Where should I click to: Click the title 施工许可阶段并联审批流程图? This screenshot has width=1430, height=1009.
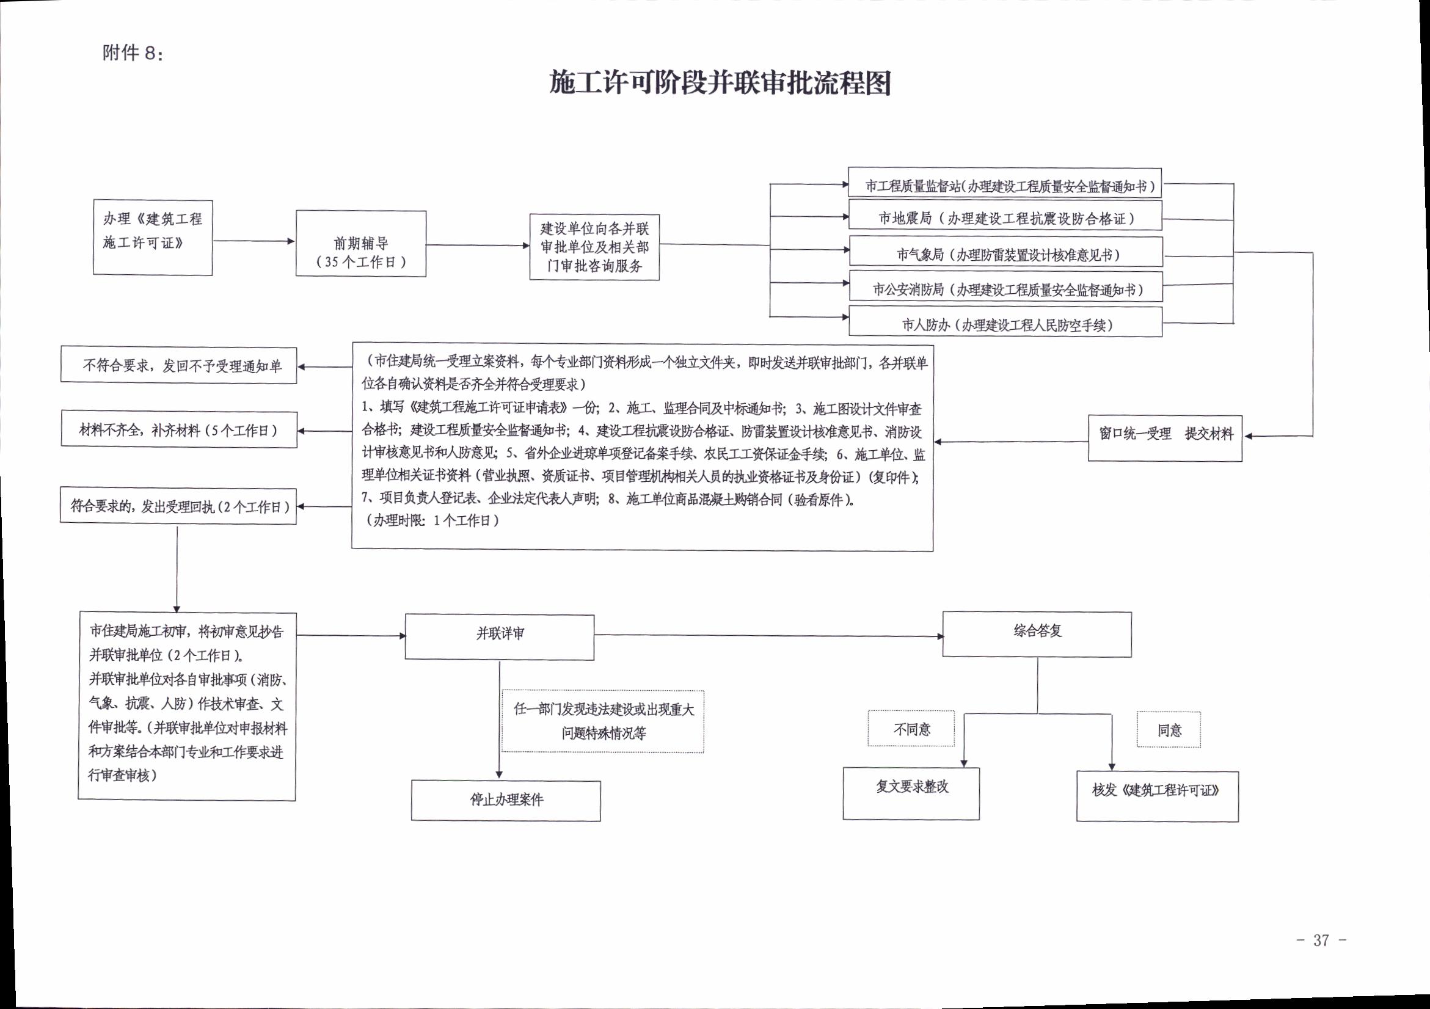pos(720,83)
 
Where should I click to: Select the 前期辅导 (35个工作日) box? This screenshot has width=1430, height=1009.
pos(361,244)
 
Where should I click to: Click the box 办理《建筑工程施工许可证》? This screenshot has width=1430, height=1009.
pos(153,238)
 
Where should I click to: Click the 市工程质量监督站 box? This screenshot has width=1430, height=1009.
pos(1005,183)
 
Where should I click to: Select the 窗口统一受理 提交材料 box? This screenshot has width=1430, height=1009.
pos(1165,439)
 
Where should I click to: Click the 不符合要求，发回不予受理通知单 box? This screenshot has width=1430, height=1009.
pos(179,365)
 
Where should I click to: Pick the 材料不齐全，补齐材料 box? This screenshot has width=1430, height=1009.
pos(180,429)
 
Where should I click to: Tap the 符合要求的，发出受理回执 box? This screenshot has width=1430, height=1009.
pos(178,506)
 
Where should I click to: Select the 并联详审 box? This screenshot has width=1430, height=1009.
pos(500,637)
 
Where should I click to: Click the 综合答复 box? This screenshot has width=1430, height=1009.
pos(1037,634)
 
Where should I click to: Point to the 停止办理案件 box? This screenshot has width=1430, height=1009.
pos(506,801)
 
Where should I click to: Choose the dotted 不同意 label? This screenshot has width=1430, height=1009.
pos(911,728)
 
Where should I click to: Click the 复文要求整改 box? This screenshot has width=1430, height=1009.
pos(911,793)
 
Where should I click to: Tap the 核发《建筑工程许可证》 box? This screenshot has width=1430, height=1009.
pos(1157,796)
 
